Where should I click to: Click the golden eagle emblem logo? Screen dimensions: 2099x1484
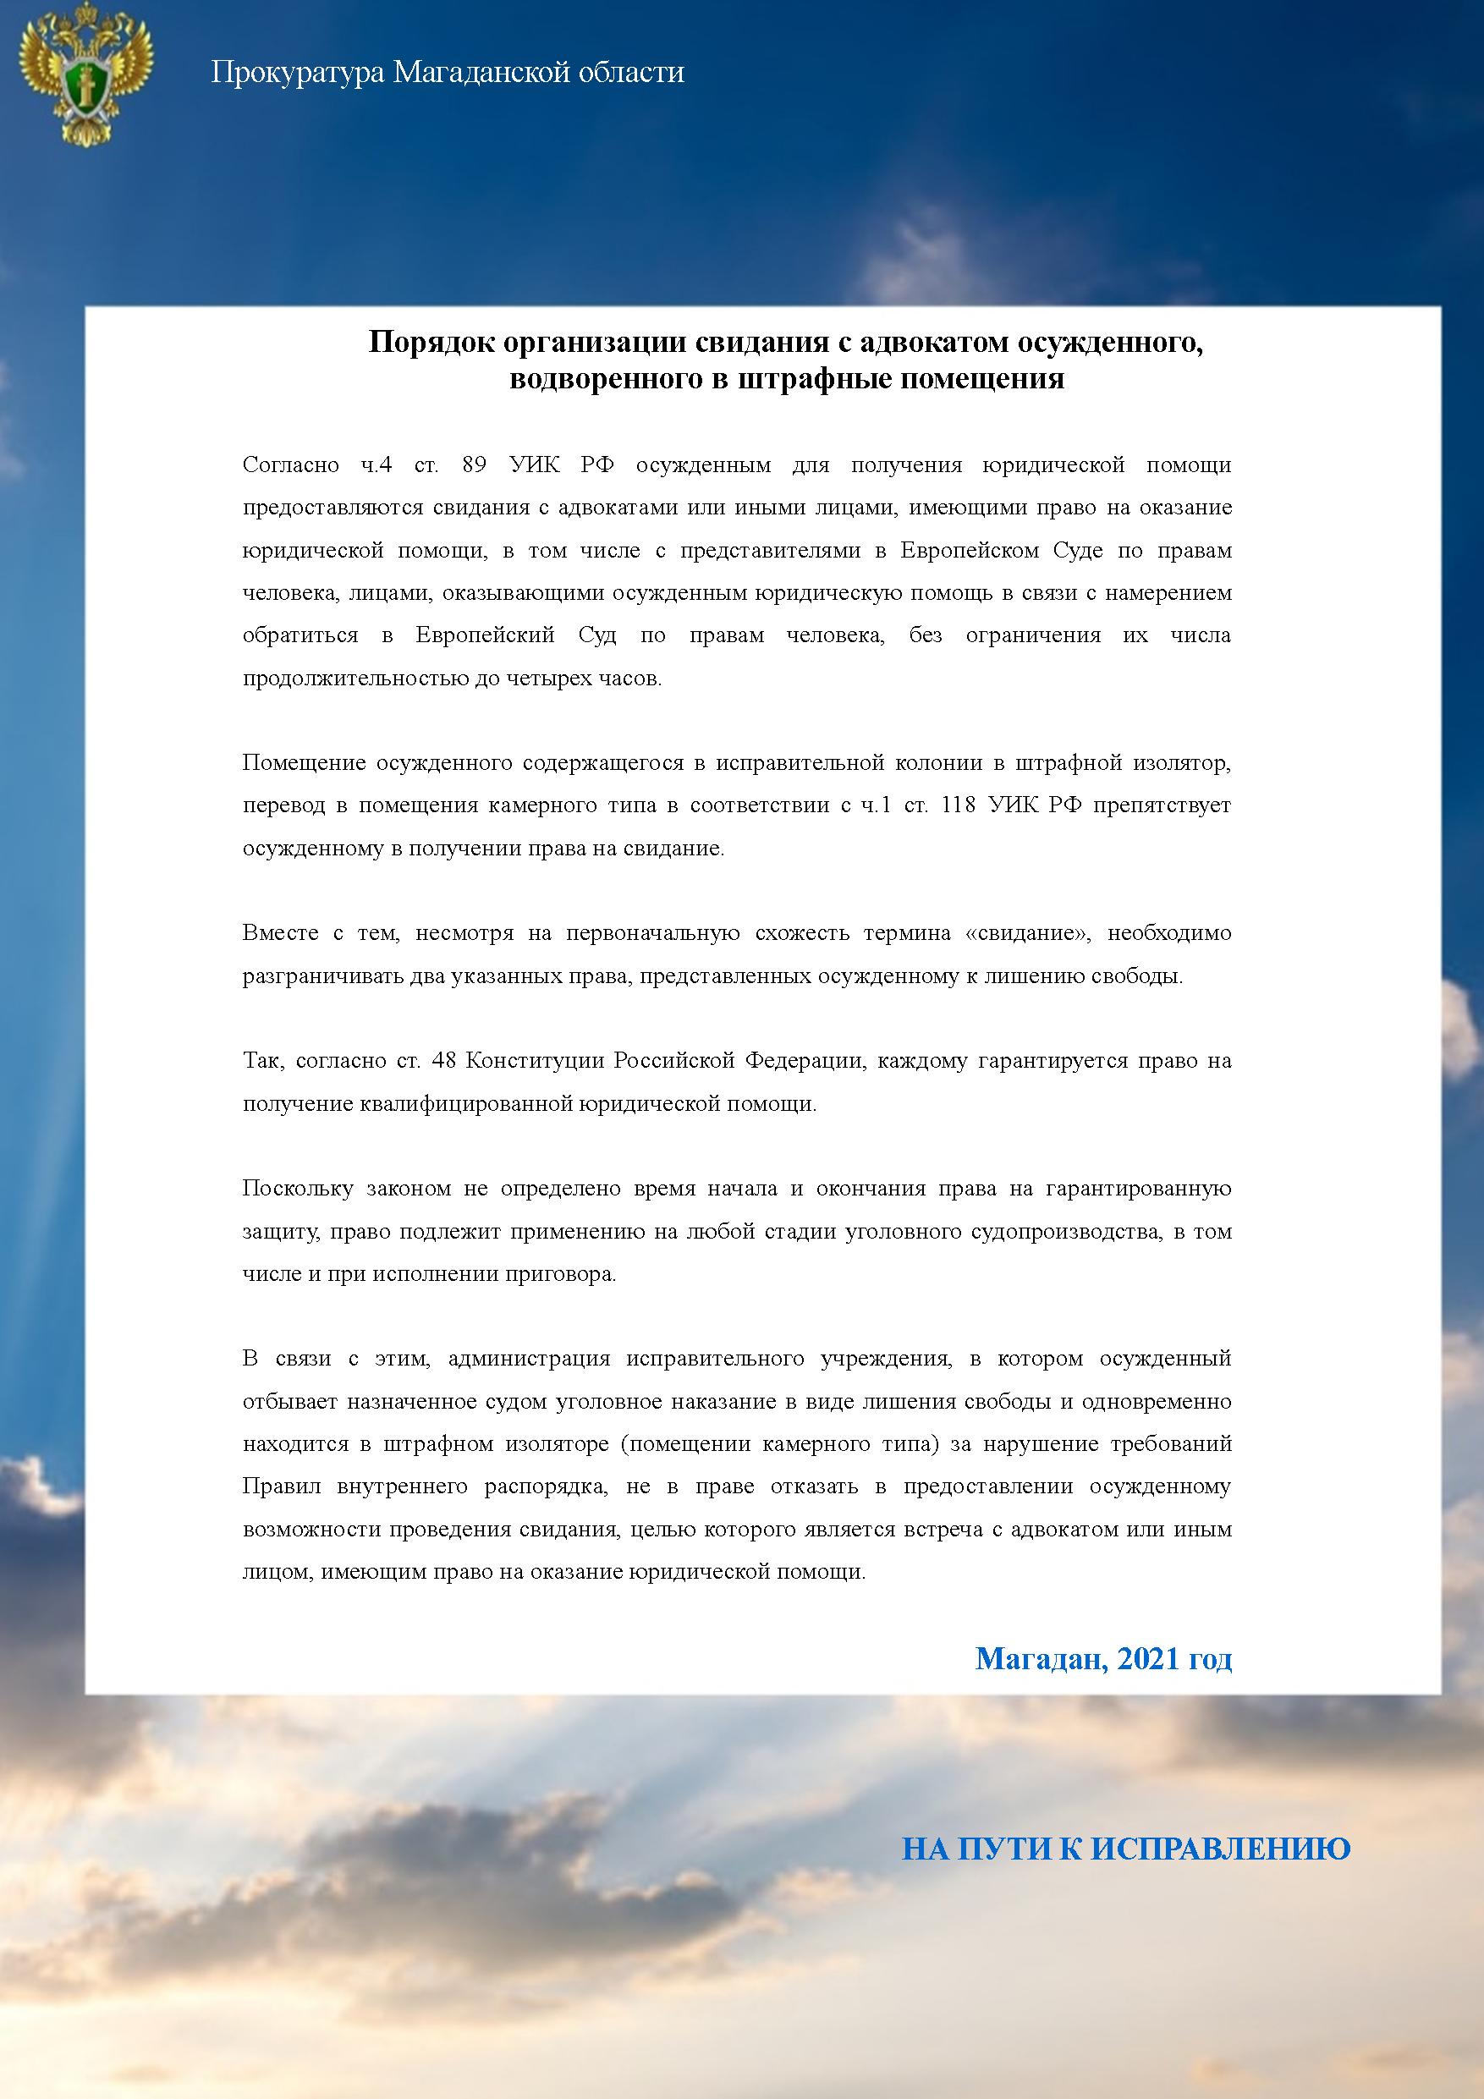(88, 73)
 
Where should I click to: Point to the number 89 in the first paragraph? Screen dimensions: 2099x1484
(474, 464)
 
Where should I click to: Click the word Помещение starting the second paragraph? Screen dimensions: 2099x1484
(304, 762)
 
